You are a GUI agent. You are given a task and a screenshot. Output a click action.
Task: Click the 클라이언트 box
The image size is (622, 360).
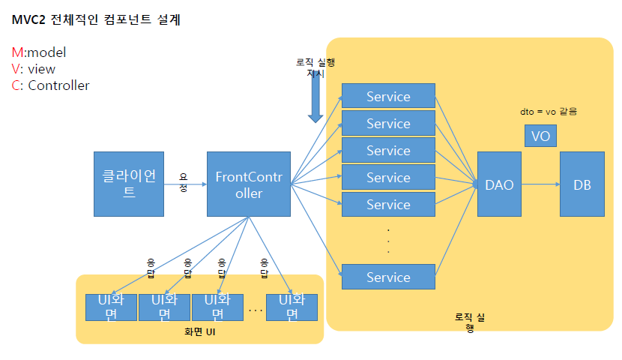[x=129, y=184]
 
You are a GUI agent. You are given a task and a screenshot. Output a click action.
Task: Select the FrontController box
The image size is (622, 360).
[x=249, y=184]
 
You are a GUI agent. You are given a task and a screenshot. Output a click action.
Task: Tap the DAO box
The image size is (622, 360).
[x=499, y=184]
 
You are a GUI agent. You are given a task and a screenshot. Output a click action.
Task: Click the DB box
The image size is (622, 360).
[x=582, y=184]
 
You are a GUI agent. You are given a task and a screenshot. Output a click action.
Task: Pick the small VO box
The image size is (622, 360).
[x=540, y=136]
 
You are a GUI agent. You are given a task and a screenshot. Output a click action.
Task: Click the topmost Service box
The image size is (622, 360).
[x=388, y=96]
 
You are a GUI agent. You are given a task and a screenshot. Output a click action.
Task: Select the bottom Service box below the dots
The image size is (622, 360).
[x=388, y=277]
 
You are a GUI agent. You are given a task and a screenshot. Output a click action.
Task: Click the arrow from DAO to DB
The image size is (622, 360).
[x=540, y=184]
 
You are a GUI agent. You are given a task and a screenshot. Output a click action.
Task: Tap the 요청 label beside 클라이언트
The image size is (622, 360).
[x=184, y=182]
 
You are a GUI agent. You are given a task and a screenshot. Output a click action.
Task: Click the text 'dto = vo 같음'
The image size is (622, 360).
[x=549, y=111]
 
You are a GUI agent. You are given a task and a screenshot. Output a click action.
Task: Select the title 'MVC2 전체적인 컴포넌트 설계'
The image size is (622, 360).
[x=96, y=20]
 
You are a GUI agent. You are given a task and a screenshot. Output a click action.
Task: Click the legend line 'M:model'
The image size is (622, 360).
[x=39, y=52]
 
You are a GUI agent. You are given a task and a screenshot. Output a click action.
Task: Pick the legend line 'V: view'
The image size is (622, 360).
[x=34, y=69]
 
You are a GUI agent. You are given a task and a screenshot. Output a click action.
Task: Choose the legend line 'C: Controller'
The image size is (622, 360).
[x=50, y=85]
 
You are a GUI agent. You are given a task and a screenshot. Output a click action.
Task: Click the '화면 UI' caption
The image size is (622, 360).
[x=200, y=330]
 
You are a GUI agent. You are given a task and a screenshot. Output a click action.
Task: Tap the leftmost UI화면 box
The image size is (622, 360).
[x=112, y=307]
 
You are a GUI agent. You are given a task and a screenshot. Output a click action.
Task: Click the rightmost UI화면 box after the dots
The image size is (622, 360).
[x=292, y=307]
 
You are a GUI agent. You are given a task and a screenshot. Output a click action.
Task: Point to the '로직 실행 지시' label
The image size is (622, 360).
[x=315, y=68]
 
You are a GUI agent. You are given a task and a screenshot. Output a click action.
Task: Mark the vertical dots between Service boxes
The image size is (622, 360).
[x=388, y=240]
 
